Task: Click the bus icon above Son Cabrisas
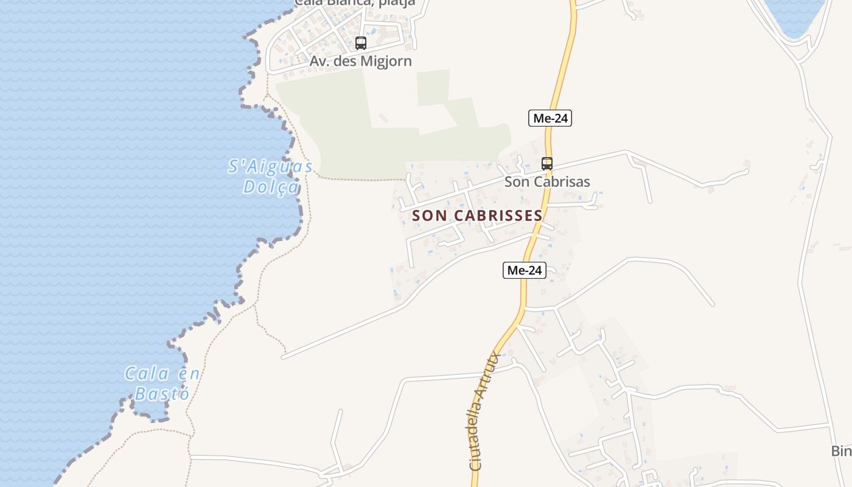(547, 163)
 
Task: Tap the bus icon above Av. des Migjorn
(361, 43)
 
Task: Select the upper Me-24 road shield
(550, 118)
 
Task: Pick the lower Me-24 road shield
(525, 270)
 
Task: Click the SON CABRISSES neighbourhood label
(477, 215)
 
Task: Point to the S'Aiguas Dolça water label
(271, 177)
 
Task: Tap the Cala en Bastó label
(162, 384)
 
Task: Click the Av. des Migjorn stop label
(361, 61)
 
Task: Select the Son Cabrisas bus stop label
(547, 181)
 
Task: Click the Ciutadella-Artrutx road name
(485, 411)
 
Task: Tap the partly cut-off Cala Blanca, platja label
(355, 3)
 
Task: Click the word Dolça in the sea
(271, 187)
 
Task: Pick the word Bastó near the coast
(162, 394)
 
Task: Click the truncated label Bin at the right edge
(841, 451)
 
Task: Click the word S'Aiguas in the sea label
(271, 166)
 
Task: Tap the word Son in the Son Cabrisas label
(516, 181)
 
